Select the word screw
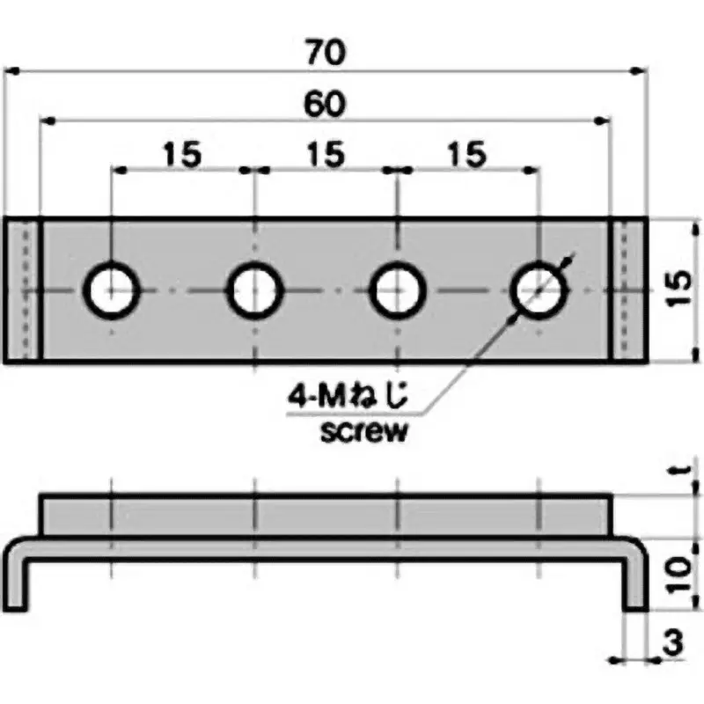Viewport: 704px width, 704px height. coord(364,432)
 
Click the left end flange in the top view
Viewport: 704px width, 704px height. coord(24,290)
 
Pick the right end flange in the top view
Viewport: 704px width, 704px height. coord(628,290)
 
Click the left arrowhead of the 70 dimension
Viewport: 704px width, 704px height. coord(12,70)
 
